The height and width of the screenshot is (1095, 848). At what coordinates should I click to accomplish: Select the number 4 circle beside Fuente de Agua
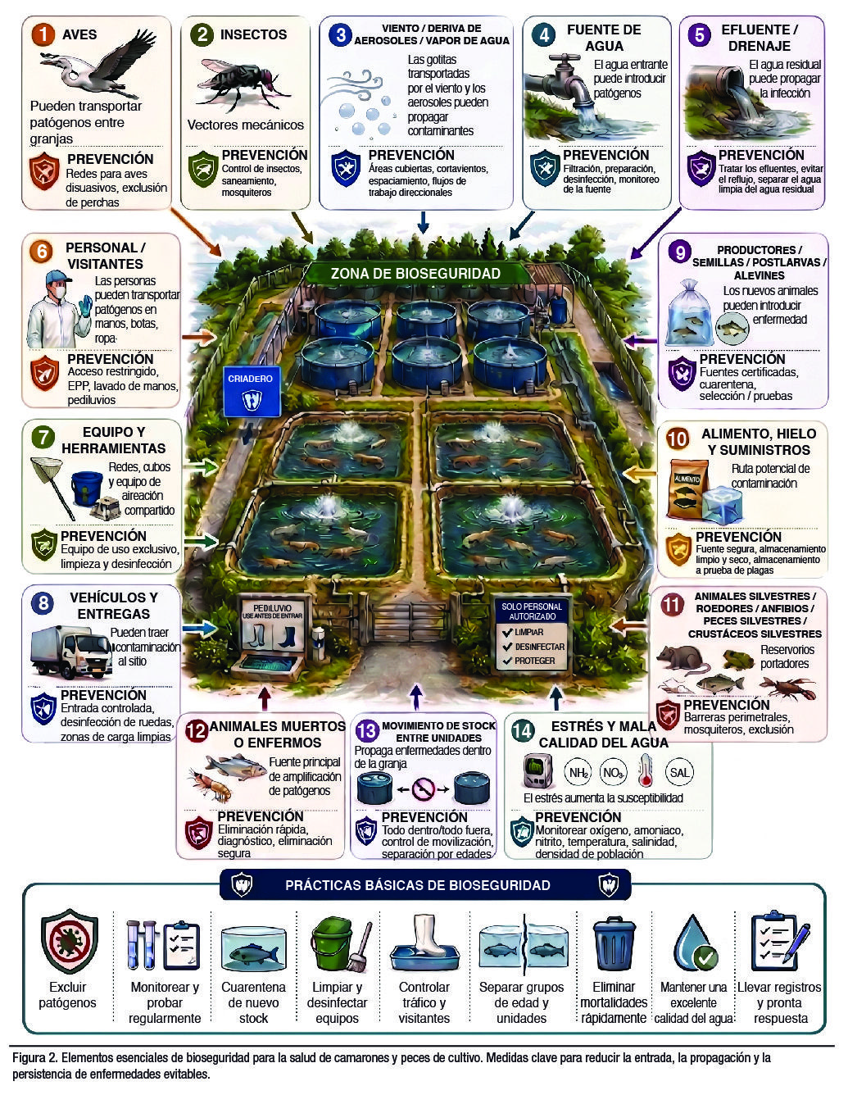[x=544, y=34]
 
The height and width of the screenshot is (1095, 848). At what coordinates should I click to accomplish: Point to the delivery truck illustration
[x=70, y=652]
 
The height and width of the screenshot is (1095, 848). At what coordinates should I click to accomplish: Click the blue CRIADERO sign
[x=252, y=392]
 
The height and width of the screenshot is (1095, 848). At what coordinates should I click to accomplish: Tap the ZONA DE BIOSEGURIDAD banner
[x=416, y=274]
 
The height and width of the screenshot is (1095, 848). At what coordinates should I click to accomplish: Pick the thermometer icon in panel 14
[x=645, y=770]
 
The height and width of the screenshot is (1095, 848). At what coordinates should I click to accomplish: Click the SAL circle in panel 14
[x=679, y=772]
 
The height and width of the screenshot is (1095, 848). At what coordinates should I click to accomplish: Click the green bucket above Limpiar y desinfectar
[x=333, y=943]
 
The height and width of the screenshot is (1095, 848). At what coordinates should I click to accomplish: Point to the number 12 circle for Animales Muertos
[x=197, y=730]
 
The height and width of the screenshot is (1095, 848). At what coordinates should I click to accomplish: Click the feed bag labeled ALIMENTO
[x=686, y=488]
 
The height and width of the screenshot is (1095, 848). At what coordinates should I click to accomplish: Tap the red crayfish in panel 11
[x=787, y=688]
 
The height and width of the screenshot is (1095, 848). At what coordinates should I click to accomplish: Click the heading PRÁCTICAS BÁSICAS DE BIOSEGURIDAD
[x=418, y=885]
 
